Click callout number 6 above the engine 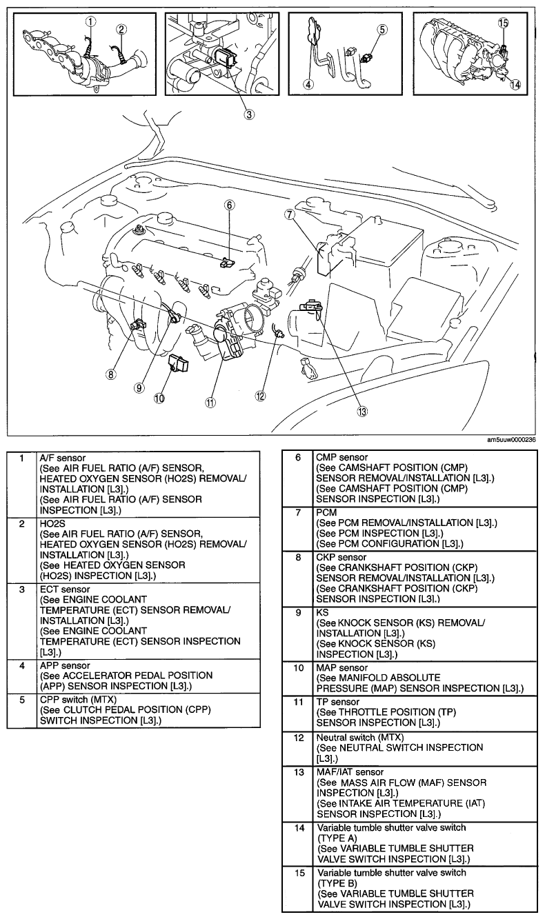click(230, 205)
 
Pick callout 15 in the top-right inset click(503, 23)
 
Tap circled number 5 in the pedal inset click(383, 30)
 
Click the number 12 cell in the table click(298, 738)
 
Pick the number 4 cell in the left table click(23, 666)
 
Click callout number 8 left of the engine click(109, 374)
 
